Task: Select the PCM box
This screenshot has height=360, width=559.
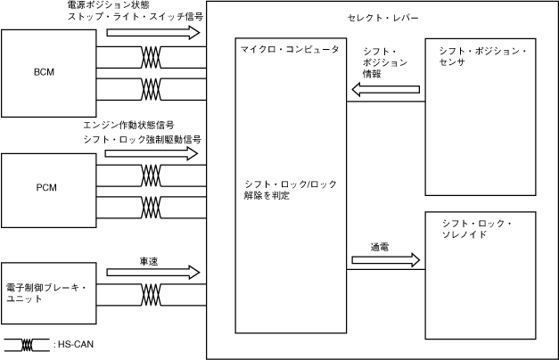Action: (49, 188)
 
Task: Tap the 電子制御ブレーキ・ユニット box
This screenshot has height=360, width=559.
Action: (49, 293)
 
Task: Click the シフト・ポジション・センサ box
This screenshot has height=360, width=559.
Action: (481, 117)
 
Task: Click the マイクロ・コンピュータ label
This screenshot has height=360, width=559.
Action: (290, 50)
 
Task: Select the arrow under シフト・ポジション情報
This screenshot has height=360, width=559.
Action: (392, 89)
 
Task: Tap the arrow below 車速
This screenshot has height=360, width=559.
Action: (152, 274)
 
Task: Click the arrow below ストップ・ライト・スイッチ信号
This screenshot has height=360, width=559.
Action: (152, 33)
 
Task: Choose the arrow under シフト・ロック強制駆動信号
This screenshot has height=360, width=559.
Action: (152, 153)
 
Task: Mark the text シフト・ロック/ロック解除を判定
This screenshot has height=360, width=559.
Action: (290, 189)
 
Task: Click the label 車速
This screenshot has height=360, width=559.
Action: (149, 261)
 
